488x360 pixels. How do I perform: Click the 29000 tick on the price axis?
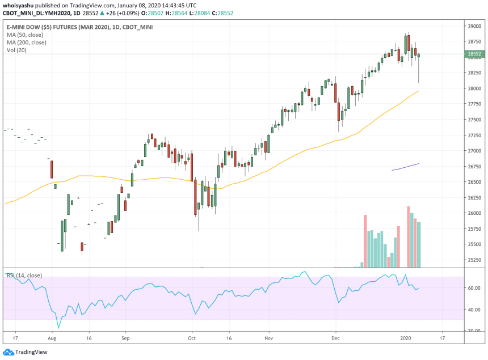[x=474, y=26]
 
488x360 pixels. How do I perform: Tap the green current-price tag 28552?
[x=474, y=54]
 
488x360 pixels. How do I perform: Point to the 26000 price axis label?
[x=474, y=213]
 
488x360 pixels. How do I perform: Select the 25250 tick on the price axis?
[x=474, y=260]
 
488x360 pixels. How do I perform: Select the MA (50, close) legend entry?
[x=27, y=35]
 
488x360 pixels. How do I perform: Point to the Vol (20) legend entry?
[x=17, y=50]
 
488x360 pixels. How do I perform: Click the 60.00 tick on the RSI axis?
[x=473, y=288]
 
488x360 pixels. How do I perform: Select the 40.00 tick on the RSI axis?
[x=473, y=310]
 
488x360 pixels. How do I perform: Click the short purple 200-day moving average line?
[x=405, y=167]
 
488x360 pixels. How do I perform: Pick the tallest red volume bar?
[x=409, y=237]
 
